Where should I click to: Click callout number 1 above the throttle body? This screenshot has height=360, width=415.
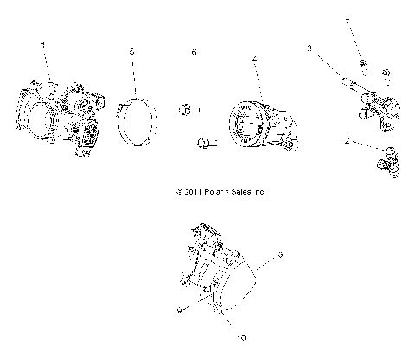[x=41, y=43]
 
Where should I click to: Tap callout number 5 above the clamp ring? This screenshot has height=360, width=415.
[x=131, y=53]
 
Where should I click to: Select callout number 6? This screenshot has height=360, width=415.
[x=194, y=53]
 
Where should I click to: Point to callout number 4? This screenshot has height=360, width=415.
[x=254, y=60]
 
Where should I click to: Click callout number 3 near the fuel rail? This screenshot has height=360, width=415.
[x=309, y=49]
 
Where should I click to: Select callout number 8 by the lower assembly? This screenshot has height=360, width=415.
[x=279, y=255]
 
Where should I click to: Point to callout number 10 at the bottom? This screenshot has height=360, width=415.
[x=240, y=338]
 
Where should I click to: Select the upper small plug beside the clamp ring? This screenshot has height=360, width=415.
[x=183, y=109]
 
